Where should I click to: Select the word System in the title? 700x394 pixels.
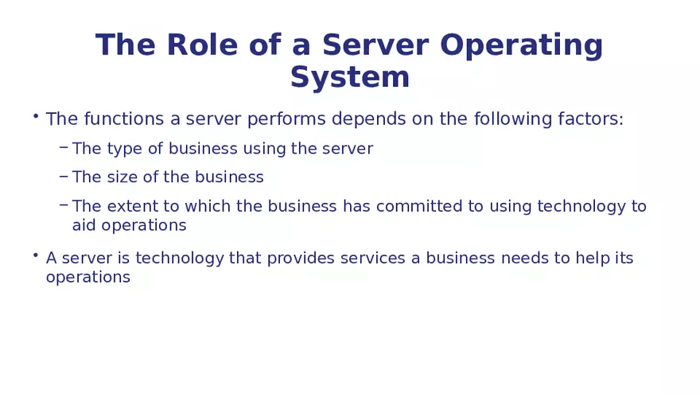(350, 77)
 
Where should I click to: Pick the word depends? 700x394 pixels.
(364, 120)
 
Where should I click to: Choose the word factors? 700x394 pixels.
(591, 119)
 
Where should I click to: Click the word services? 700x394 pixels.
(373, 259)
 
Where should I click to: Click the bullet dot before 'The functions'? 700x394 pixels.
(36, 116)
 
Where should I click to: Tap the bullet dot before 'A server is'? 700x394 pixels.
(36, 256)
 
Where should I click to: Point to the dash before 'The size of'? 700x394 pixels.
(64, 175)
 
